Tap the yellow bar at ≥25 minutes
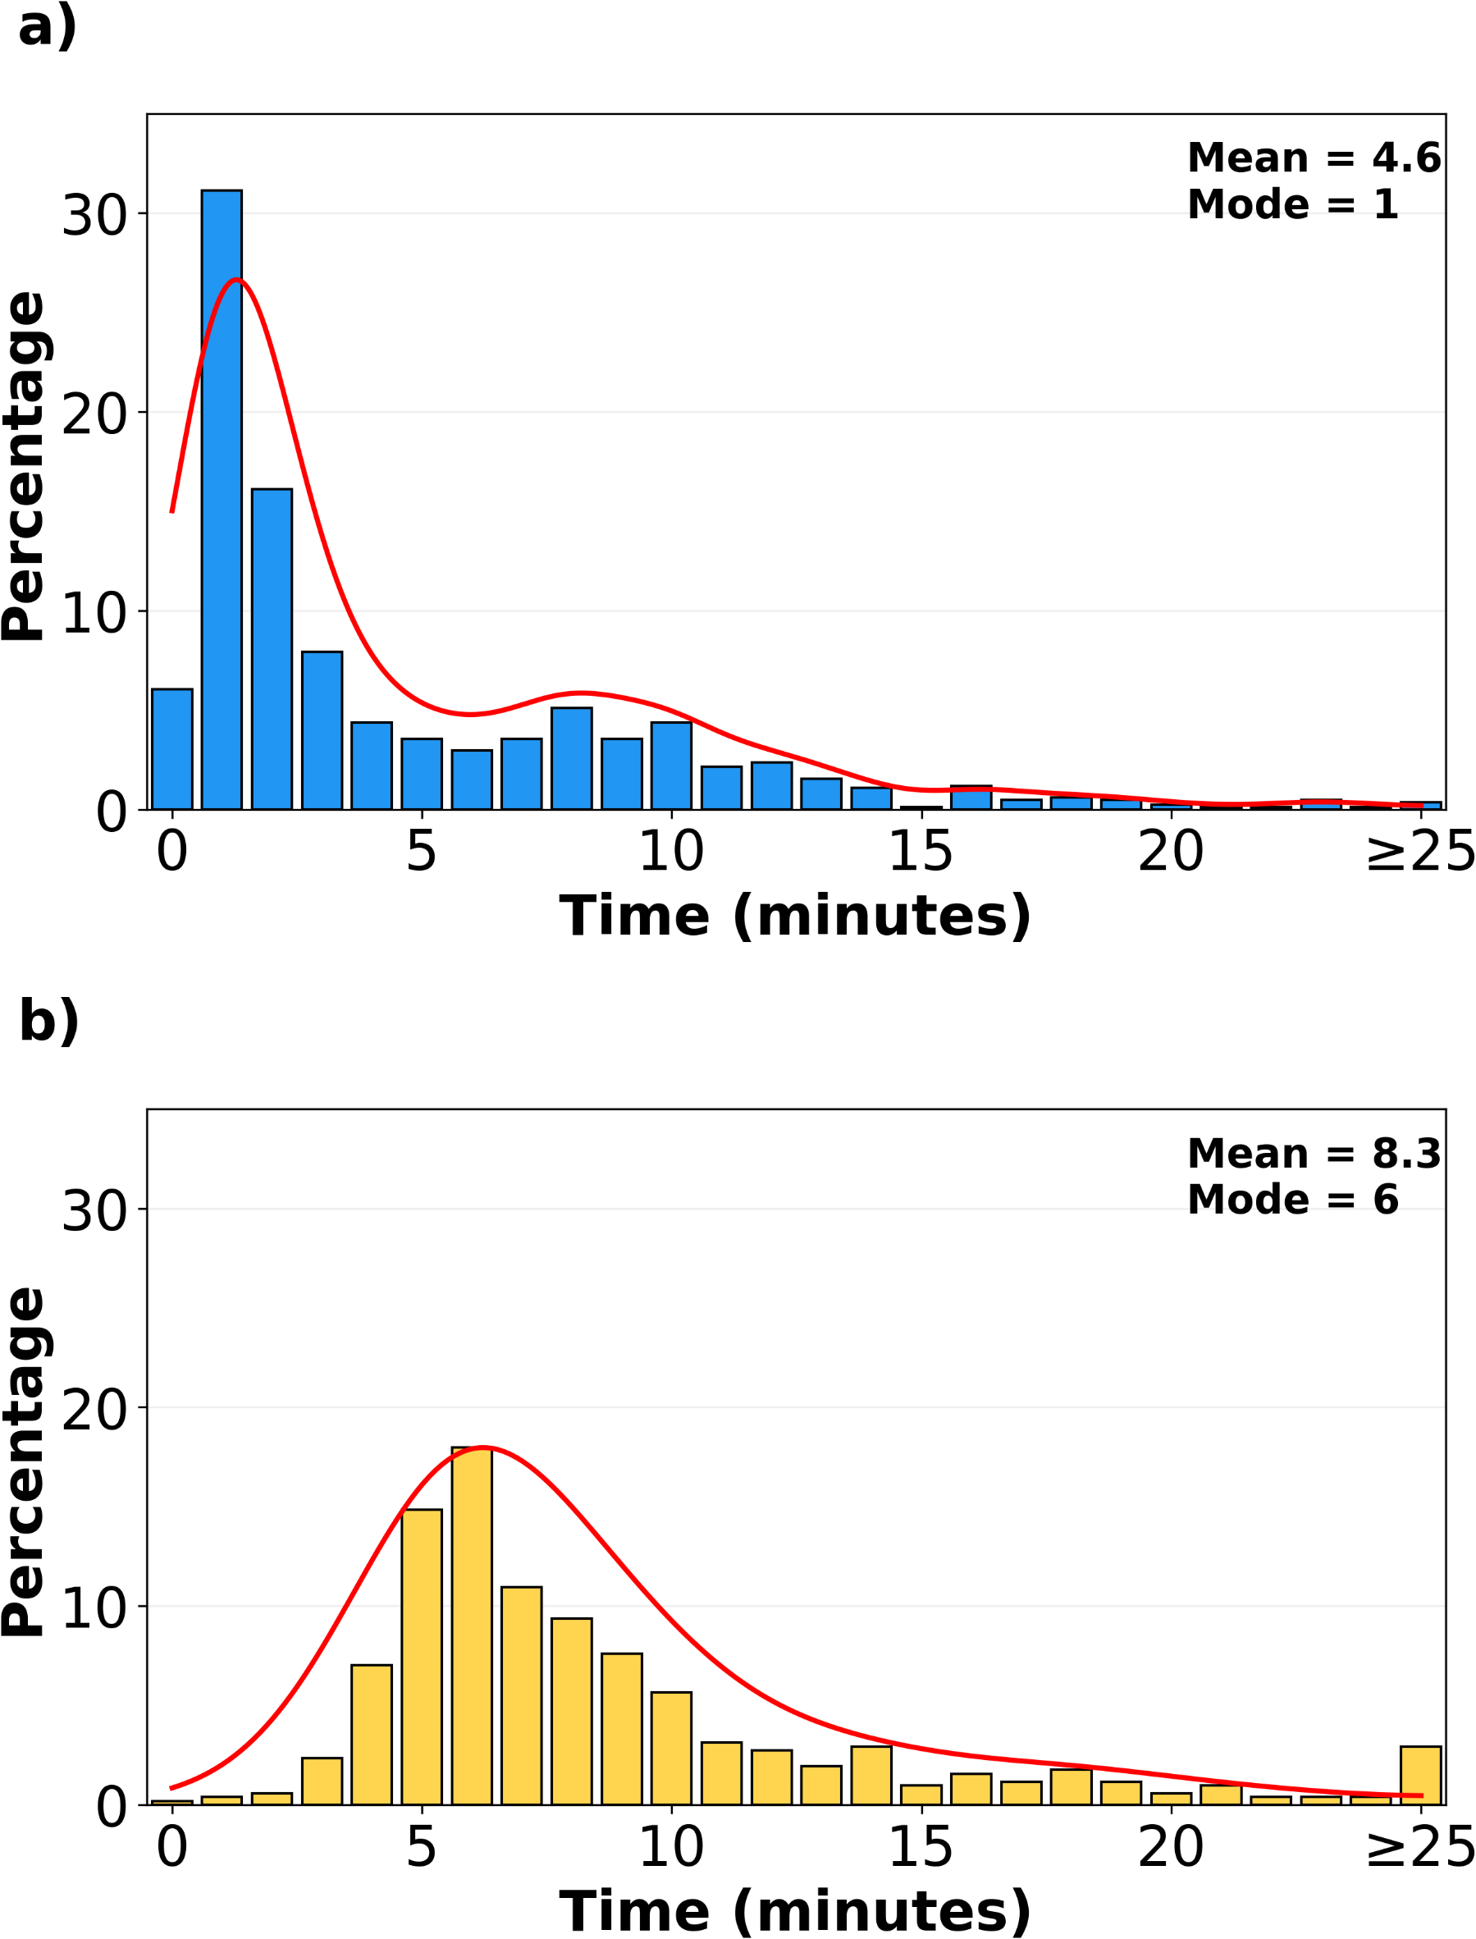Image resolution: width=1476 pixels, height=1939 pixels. [1421, 1776]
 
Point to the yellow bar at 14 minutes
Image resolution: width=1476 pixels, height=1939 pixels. [871, 1776]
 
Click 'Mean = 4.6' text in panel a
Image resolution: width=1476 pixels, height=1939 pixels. [1314, 158]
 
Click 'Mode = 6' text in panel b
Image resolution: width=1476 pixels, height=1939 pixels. [1292, 1200]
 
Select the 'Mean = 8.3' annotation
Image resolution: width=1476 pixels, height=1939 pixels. [1314, 1155]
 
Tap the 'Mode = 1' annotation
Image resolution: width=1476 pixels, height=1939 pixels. [1292, 204]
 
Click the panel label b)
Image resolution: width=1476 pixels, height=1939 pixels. [49, 1022]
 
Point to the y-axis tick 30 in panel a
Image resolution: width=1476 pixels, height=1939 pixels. [94, 214]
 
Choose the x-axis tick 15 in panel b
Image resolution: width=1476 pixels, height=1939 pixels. [921, 1848]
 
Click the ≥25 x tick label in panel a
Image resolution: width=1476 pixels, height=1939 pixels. [1419, 853]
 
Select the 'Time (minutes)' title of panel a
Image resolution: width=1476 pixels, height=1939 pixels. [795, 917]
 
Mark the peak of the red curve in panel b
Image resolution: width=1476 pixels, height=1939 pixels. [483, 1447]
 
